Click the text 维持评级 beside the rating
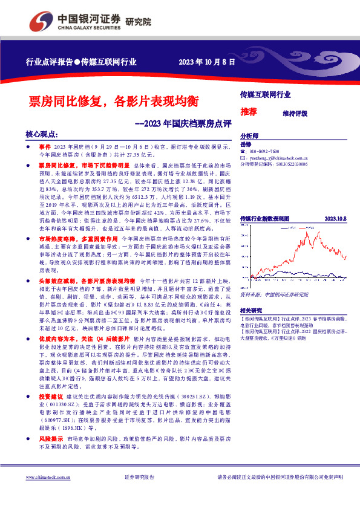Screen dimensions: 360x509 (295, 113)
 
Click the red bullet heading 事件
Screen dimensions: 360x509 (45, 146)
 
